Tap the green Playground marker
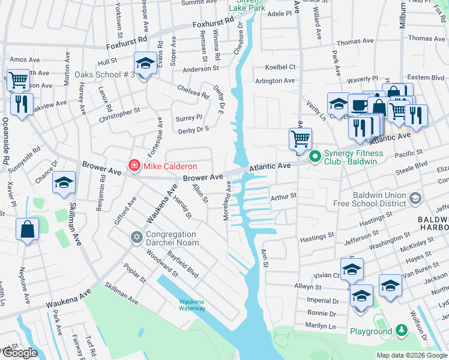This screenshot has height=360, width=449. [401, 331]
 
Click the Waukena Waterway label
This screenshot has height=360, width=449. [192, 305]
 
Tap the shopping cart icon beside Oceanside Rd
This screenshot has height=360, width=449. [19, 79]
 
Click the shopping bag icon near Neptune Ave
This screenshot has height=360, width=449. [28, 229]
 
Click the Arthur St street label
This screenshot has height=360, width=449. [284, 196]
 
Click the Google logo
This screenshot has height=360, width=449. [19, 353]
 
